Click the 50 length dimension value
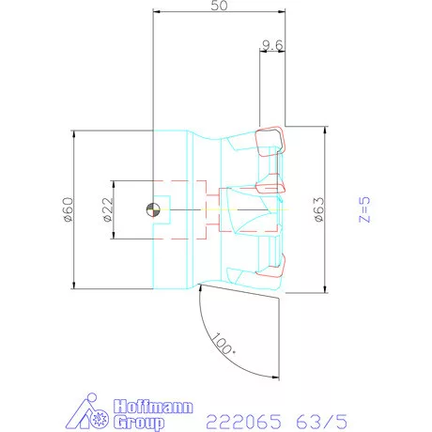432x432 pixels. click(219, 6)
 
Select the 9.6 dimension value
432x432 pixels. click(272, 45)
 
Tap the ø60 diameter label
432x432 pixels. click(68, 209)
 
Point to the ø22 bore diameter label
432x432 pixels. click(107, 209)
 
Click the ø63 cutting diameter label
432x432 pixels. click(318, 209)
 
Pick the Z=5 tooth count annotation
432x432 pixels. click(364, 209)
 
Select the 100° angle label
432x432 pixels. click(224, 344)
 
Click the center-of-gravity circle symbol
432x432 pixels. click(153, 209)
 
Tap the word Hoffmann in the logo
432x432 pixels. click(153, 407)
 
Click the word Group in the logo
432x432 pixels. click(139, 422)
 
